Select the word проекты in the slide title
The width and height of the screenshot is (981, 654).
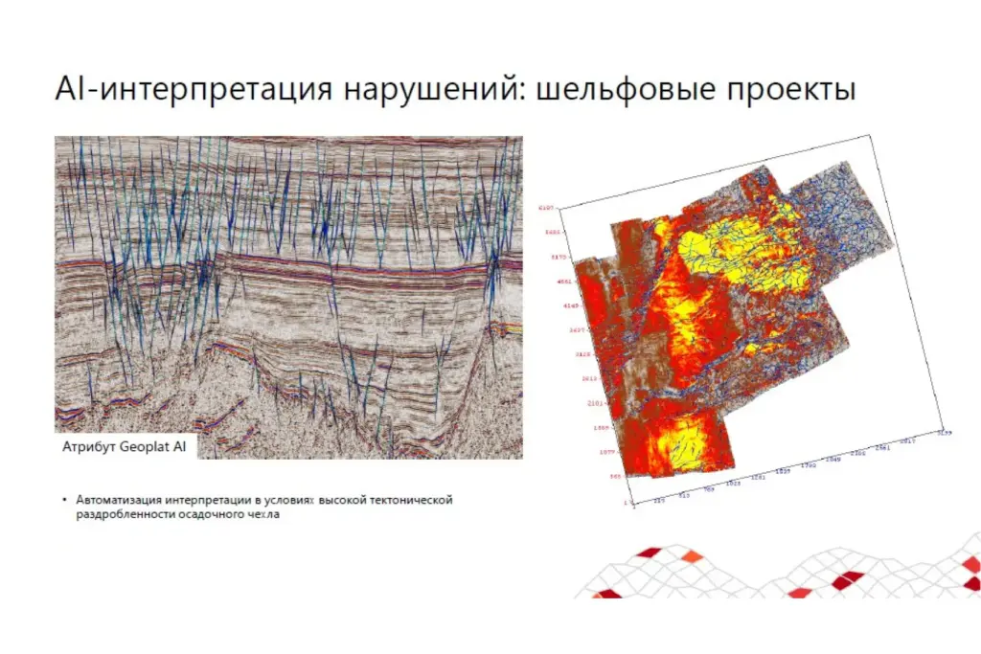791,91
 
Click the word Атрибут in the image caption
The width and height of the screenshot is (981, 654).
89,447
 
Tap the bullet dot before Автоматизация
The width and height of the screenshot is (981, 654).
65,500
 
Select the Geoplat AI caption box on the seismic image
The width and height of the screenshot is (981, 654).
125,447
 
